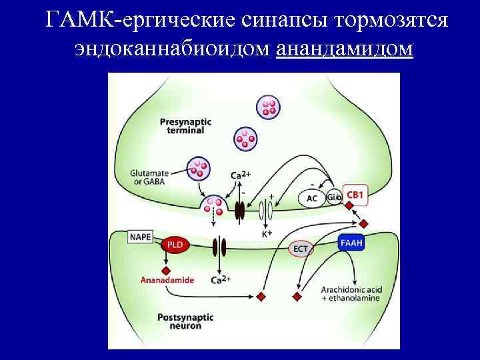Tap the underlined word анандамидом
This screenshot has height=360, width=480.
(344, 49)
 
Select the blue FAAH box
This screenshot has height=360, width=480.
(350, 243)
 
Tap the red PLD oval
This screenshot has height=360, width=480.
(176, 245)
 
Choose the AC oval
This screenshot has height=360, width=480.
(312, 198)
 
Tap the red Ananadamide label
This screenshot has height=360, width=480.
(167, 281)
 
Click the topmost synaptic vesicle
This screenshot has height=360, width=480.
(268, 107)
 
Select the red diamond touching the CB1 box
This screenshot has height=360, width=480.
(347, 205)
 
